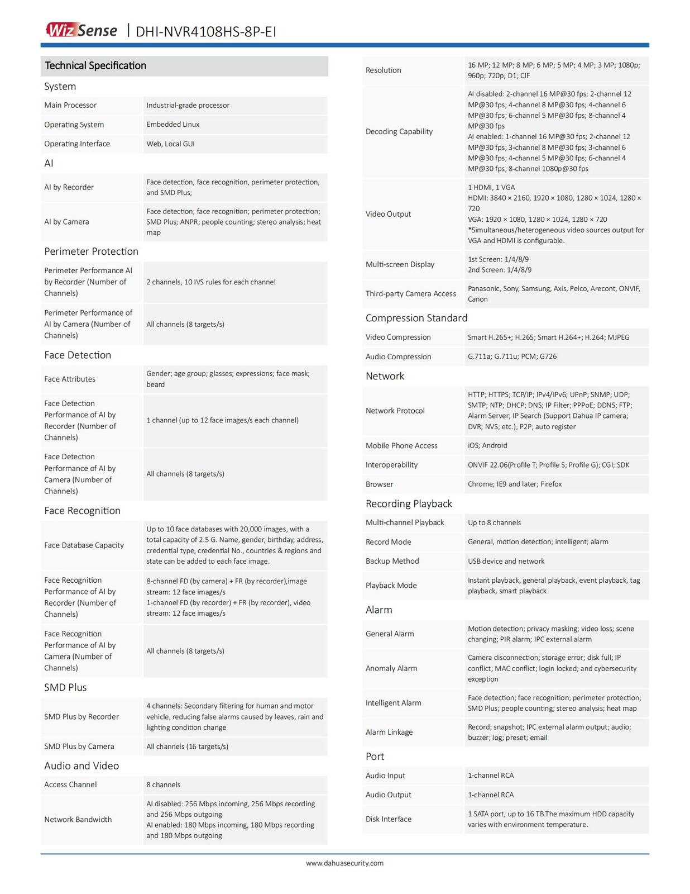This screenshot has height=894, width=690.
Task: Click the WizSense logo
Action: tap(82, 30)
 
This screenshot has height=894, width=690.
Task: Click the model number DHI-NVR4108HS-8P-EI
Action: tap(206, 31)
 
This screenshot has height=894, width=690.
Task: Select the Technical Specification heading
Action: tap(95, 65)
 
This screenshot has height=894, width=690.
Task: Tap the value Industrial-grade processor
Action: tap(188, 105)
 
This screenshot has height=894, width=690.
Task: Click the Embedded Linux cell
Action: tap(172, 125)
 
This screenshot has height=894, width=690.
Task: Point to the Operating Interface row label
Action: tap(77, 144)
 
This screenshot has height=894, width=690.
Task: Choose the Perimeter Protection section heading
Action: tap(91, 251)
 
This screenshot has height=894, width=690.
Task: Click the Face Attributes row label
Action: tap(70, 379)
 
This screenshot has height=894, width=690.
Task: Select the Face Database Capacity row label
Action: tap(84, 545)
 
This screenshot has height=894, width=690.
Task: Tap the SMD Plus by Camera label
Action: tap(79, 746)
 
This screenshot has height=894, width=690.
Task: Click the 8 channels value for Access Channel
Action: tap(163, 784)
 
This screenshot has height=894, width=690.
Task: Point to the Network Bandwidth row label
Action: tap(78, 820)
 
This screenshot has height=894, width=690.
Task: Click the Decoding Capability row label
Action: tap(399, 131)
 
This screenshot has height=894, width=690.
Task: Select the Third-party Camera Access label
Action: tap(410, 294)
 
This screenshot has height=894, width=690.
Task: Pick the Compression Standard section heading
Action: tap(416, 318)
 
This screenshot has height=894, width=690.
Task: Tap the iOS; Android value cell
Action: tap(487, 445)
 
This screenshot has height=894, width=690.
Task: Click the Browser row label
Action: tap(379, 484)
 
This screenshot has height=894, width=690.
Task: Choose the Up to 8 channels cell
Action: tap(494, 523)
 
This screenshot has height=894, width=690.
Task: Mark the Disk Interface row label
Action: tap(388, 819)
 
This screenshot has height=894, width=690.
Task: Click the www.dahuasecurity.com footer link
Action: tap(344, 863)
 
